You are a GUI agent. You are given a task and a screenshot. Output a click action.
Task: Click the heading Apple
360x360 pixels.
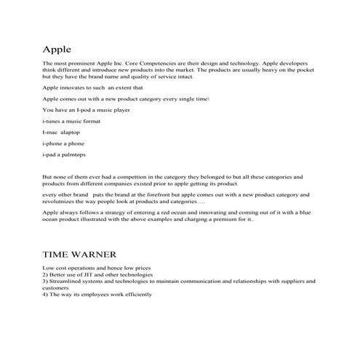point(56,50)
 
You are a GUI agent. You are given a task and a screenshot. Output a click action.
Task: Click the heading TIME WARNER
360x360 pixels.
point(76,256)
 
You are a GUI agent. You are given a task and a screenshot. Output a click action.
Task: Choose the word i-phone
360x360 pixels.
point(53,144)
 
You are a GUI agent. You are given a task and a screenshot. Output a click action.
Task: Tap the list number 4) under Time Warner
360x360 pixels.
point(46,294)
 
